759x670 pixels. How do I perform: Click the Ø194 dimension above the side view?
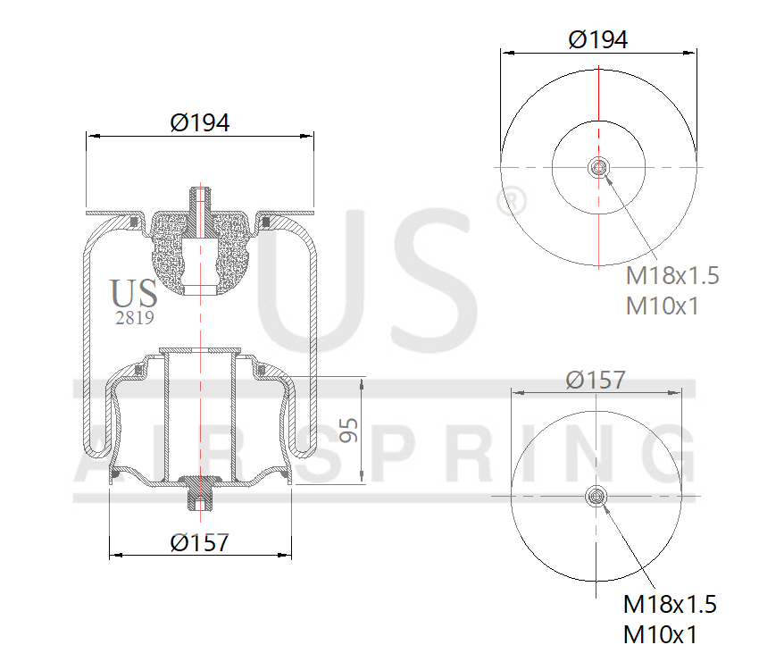click(x=200, y=122)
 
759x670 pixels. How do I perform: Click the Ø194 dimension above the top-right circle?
click(x=597, y=39)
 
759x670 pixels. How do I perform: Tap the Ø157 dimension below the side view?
click(x=200, y=541)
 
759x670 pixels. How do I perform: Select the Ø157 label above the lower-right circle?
click(x=596, y=380)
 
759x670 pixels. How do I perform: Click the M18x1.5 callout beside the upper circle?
click(x=671, y=275)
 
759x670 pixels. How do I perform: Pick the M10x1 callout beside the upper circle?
click(x=662, y=306)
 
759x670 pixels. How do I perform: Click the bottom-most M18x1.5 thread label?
click(x=670, y=605)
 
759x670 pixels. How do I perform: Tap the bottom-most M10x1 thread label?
click(x=660, y=635)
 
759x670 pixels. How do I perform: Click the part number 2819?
click(x=135, y=317)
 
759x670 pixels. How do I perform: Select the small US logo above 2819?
click(x=134, y=293)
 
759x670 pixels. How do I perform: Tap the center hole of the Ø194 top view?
click(x=597, y=167)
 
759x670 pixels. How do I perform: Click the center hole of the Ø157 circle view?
click(x=596, y=497)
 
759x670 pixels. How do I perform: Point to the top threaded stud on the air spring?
click(x=201, y=201)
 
